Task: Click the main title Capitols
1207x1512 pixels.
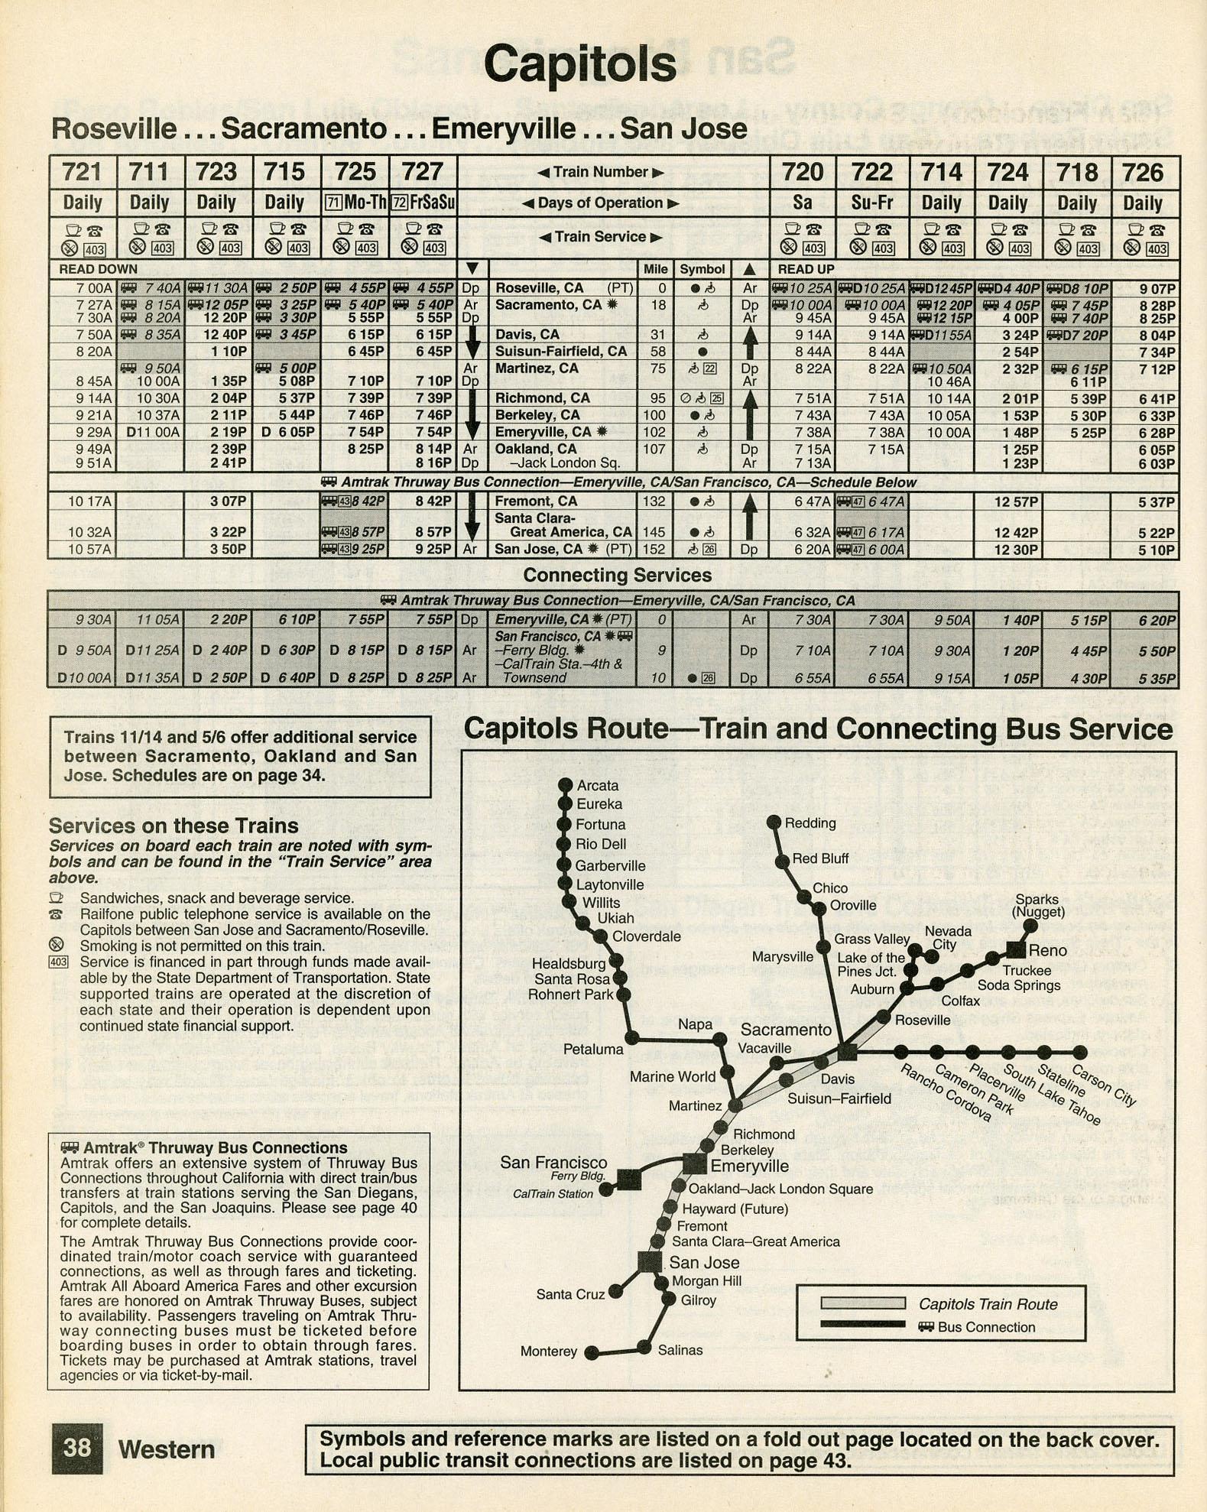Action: click(x=579, y=64)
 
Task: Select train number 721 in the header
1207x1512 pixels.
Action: click(x=82, y=172)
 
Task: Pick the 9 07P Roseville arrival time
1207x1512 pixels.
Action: click(x=1157, y=289)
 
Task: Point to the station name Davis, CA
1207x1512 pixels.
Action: click(x=527, y=335)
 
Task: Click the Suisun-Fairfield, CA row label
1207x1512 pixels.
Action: click(x=561, y=352)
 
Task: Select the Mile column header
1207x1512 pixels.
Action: click(x=655, y=269)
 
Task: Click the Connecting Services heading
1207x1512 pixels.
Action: click(x=617, y=575)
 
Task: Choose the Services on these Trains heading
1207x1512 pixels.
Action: click(x=174, y=826)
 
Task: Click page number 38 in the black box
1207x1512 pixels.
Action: click(x=77, y=1448)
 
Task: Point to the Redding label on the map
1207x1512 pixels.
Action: click(x=810, y=823)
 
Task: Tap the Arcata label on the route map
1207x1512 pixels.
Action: click(x=598, y=785)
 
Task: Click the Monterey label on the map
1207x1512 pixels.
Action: click(x=549, y=1351)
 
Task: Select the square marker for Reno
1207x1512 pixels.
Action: click(x=1015, y=950)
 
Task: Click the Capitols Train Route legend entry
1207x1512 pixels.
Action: click(x=988, y=1304)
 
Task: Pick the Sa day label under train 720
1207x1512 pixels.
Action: click(x=802, y=203)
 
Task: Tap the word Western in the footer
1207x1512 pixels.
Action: click(x=167, y=1449)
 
